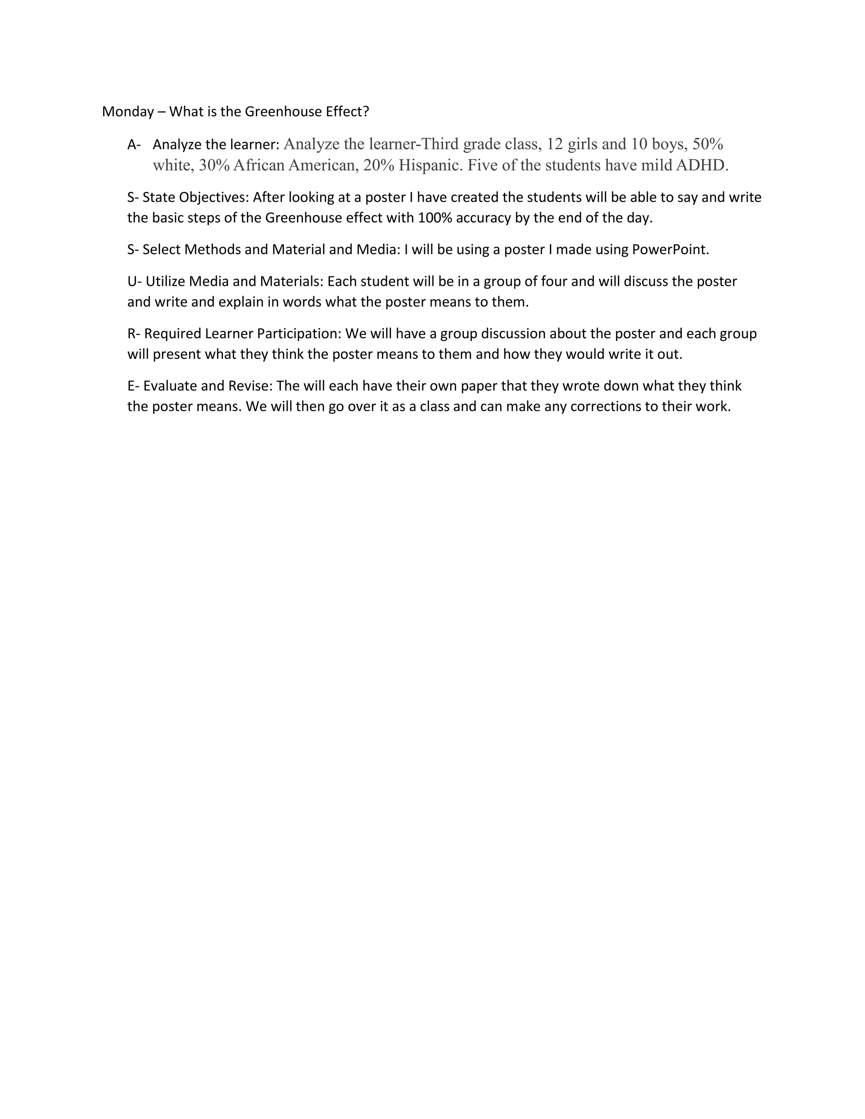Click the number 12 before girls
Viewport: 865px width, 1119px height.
(555, 144)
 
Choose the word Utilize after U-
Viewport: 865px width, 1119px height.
(165, 282)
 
